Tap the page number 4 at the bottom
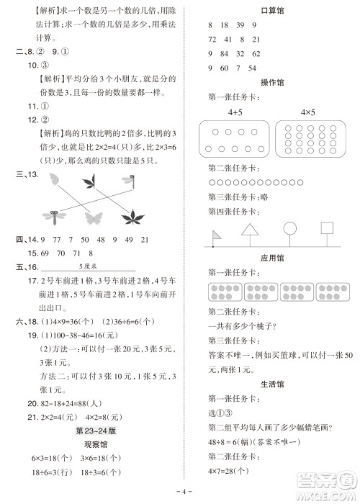[x=181, y=493]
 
